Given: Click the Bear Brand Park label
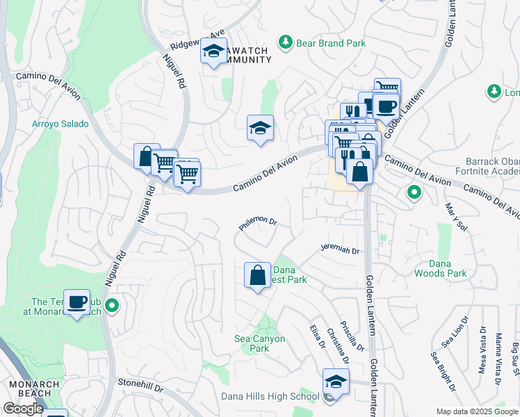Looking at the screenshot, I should coord(331,43).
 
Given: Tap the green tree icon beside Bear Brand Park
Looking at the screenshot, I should coord(285,43).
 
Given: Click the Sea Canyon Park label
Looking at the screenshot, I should coord(260,343).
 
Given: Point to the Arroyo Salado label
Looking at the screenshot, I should coord(60,124).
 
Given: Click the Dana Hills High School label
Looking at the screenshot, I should coord(270,397).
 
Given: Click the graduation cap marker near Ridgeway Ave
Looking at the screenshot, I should coord(214,51).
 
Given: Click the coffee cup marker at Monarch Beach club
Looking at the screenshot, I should coord(76,302).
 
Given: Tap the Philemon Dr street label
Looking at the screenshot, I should coord(258,222).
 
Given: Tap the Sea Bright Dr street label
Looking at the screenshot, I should coord(442,371).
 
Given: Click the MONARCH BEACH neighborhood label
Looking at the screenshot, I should coord(31,388).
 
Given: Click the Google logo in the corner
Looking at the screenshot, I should coord(23,409).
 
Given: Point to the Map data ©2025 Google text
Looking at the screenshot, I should coord(476,411).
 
